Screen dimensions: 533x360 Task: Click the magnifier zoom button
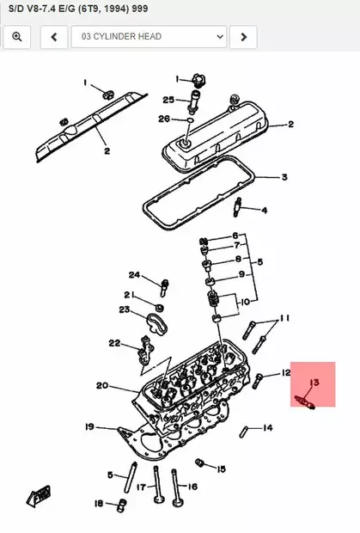(16, 37)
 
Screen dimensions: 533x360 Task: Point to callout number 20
(101, 386)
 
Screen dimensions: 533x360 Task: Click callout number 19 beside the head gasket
(89, 426)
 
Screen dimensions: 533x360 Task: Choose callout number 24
(134, 275)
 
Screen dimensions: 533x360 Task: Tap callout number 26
(164, 118)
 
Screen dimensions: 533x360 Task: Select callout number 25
(168, 99)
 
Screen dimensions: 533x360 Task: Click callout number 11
(285, 317)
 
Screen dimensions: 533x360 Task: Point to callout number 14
(268, 427)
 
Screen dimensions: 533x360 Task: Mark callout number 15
(221, 469)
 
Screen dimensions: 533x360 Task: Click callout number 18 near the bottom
(98, 504)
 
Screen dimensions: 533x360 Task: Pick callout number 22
(114, 343)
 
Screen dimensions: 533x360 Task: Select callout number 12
(287, 373)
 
